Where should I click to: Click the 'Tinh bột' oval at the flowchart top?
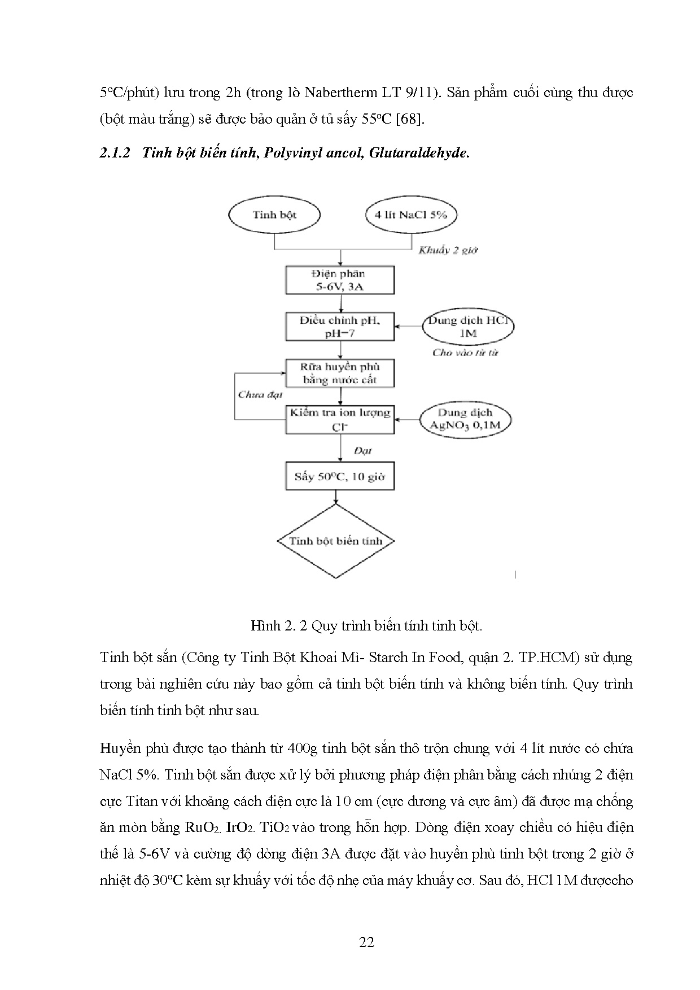274,214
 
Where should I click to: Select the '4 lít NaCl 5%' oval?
410,214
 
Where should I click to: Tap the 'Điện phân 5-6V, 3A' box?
339,280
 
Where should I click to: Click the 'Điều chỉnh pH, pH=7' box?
339,326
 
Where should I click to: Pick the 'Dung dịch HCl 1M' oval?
469,326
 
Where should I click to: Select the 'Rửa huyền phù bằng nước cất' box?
339,373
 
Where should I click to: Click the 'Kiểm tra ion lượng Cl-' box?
339,419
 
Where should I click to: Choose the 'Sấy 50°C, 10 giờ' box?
339,476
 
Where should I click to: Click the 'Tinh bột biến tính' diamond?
336,541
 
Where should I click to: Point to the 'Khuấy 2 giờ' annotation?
448,250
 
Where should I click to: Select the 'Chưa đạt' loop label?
260,395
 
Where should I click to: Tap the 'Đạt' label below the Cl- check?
362,450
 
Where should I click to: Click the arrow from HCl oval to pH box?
409,326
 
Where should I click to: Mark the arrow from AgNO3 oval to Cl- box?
407,419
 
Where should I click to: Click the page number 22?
366,942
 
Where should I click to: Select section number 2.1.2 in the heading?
115,153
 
